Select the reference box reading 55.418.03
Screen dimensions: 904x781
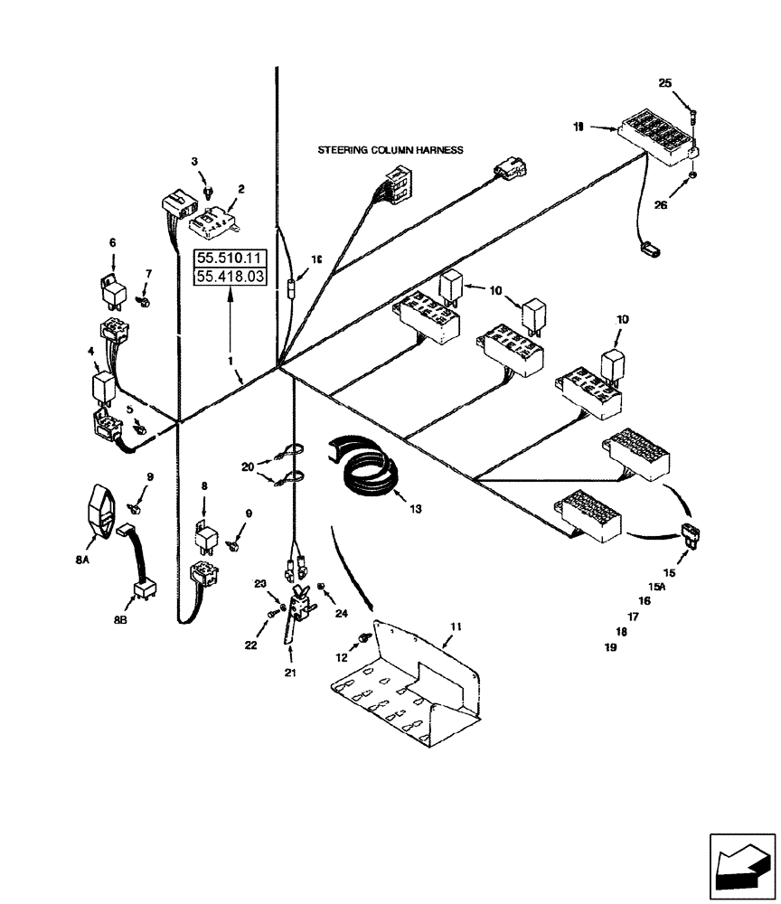coord(231,277)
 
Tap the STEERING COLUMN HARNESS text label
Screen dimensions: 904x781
coord(390,150)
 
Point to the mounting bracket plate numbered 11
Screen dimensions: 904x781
coord(407,687)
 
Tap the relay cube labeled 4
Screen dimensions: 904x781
coord(104,387)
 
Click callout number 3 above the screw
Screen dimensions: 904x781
coord(193,162)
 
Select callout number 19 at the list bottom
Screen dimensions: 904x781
coord(610,646)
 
